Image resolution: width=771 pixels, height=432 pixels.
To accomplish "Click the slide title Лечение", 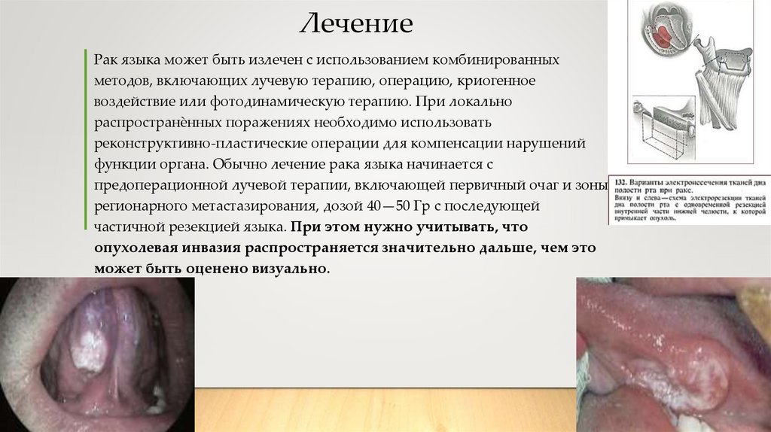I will (357, 24).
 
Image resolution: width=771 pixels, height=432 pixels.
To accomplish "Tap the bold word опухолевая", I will (133, 248).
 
